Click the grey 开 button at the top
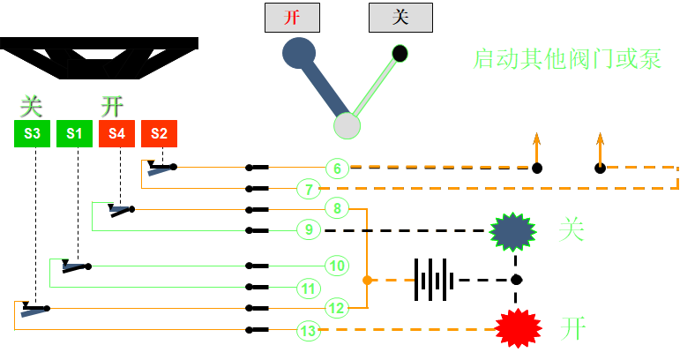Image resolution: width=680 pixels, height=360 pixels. tap(292, 18)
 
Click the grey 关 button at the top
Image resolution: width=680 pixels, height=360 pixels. tap(400, 18)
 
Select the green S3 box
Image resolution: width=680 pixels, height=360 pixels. tap(33, 134)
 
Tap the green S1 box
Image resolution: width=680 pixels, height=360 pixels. tap(75, 134)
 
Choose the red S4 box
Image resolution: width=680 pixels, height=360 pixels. tap(117, 134)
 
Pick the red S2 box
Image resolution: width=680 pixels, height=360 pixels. tap(160, 134)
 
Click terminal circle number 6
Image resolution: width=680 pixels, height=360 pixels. tap(337, 168)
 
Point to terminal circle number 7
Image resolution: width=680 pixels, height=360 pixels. tap(306, 188)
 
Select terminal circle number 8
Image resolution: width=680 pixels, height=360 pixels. tap(337, 209)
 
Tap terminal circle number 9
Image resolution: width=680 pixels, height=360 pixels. tap(308, 230)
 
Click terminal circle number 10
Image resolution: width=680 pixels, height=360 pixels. tap(336, 266)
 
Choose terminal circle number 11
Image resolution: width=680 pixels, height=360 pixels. tap(308, 288)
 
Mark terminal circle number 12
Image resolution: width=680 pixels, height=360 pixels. tap(336, 308)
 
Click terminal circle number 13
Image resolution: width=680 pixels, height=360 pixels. tap(307, 331)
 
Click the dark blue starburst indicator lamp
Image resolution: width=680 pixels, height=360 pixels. tap(513, 231)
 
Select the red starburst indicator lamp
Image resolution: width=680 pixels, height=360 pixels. tap(517, 328)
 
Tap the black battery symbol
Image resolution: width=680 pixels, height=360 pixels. tap(434, 280)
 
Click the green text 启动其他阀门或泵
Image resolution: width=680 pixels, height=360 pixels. tap(568, 60)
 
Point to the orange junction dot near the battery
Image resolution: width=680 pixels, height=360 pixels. tap(367, 280)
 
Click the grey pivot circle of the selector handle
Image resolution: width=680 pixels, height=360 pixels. tap(347, 125)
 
